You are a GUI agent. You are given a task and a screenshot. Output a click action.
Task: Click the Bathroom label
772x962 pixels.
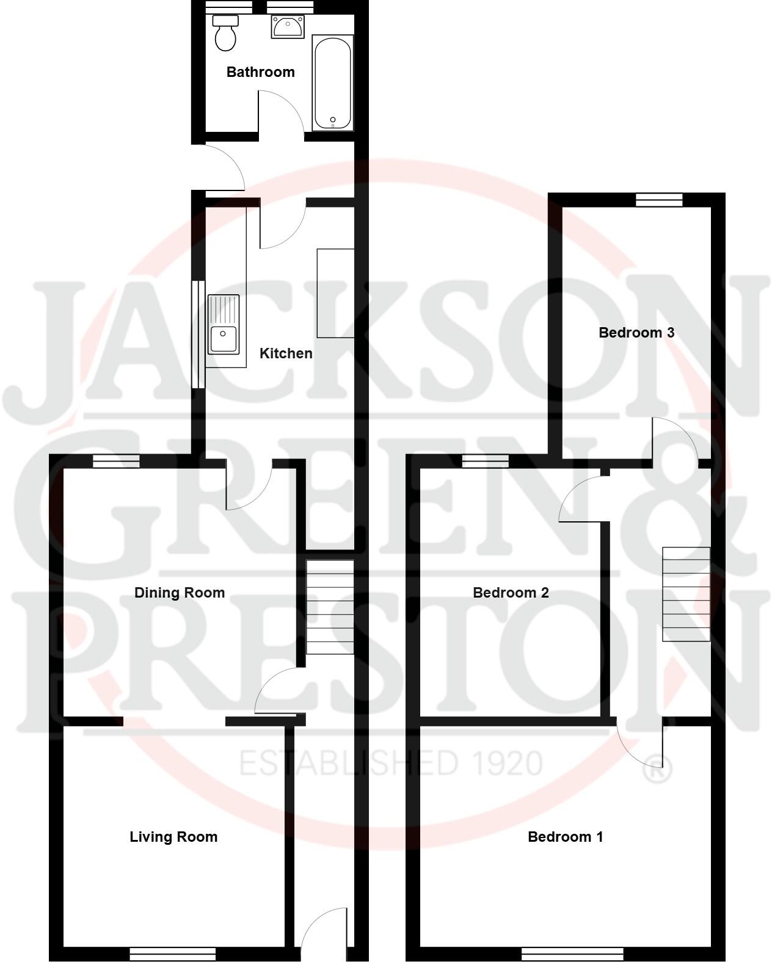click(260, 72)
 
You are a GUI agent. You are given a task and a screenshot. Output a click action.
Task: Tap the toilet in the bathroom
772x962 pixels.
click(225, 34)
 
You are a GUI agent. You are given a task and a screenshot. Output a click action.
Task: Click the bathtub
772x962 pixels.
click(332, 83)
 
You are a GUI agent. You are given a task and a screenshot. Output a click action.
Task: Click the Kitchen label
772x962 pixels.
click(286, 353)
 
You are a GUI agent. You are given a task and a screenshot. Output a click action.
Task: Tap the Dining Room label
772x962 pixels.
click(180, 593)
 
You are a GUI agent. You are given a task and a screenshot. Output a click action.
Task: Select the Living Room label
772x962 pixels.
click(173, 837)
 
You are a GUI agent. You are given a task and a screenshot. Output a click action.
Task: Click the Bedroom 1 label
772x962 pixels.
click(565, 837)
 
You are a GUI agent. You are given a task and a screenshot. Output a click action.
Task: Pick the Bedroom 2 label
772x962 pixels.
click(511, 593)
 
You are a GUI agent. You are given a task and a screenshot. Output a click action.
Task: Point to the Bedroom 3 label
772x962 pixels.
click(636, 333)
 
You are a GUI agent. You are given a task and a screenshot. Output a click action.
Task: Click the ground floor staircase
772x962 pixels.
click(330, 607)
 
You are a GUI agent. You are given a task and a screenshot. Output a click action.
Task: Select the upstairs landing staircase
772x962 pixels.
click(687, 594)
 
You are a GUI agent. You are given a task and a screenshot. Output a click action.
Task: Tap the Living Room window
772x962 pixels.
click(173, 953)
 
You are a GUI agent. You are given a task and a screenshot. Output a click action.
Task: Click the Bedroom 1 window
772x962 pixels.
click(572, 953)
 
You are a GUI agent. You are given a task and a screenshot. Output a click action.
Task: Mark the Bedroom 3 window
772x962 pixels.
click(659, 200)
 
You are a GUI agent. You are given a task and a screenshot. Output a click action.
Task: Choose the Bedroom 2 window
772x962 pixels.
click(486, 461)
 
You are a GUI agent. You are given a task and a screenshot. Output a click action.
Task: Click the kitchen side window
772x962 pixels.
click(198, 334)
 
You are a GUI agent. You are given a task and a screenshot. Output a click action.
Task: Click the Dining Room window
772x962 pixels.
click(116, 461)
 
